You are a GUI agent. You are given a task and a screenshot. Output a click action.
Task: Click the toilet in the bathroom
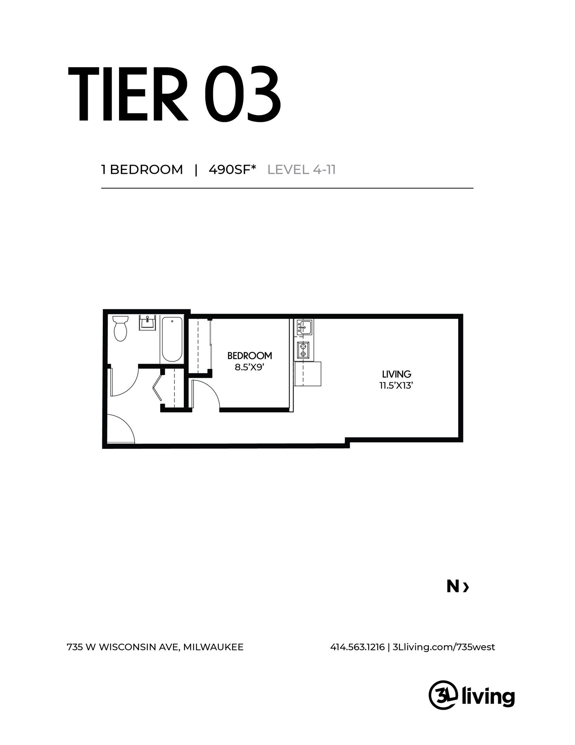[121, 328]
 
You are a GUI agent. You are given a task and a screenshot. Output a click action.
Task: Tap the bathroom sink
[147, 322]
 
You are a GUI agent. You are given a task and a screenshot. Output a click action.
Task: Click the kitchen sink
[305, 327]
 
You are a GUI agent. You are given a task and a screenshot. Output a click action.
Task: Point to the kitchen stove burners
[303, 350]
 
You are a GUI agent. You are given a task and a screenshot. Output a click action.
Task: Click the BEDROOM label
[250, 355]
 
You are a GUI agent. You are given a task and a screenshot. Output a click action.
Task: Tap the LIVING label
[397, 374]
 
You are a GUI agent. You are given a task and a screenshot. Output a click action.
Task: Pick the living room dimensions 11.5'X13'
[397, 386]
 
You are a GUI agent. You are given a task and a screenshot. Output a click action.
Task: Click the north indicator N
[453, 587]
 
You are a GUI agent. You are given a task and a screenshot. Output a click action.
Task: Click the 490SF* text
[233, 170]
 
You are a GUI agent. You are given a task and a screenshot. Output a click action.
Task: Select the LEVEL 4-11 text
[302, 170]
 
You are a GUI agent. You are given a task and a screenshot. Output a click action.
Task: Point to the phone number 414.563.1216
[357, 647]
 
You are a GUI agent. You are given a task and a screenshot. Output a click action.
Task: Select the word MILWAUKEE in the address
[213, 647]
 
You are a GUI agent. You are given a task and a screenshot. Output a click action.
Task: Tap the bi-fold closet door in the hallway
[158, 386]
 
